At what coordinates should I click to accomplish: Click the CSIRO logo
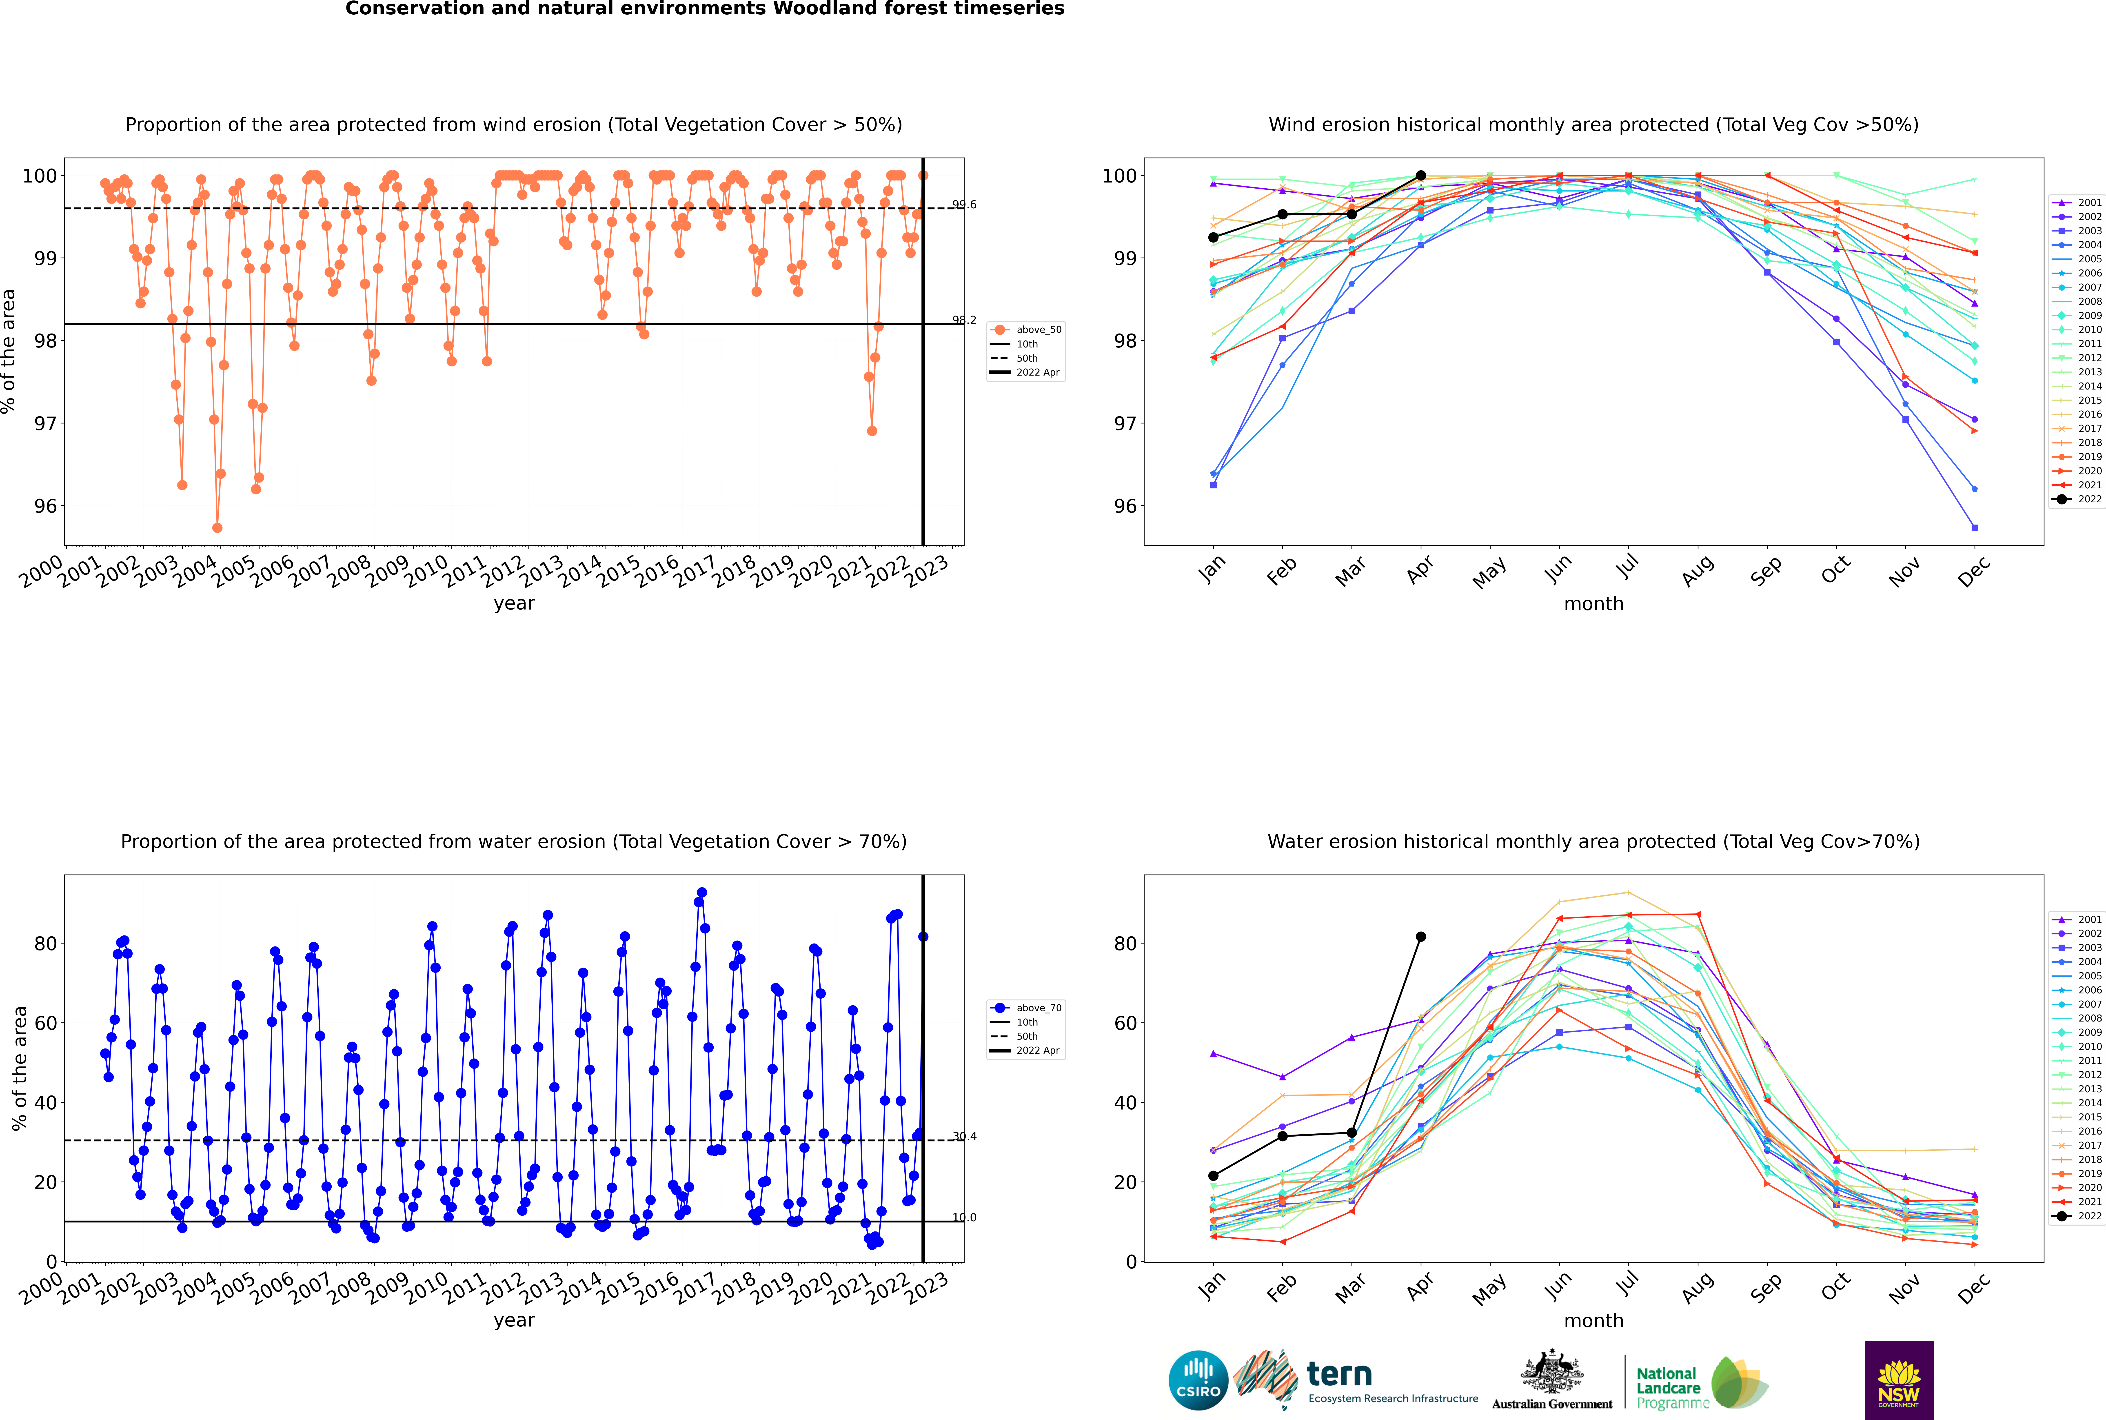click(x=1198, y=1381)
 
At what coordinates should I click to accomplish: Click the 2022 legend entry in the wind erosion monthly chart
click(x=2079, y=499)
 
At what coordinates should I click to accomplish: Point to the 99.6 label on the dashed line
click(x=964, y=205)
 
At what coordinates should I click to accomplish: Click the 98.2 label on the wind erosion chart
click(x=964, y=320)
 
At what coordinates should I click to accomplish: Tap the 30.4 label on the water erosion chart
click(x=964, y=1137)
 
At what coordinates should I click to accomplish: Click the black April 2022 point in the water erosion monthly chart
click(x=1421, y=936)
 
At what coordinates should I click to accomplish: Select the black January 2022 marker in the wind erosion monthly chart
click(x=1213, y=237)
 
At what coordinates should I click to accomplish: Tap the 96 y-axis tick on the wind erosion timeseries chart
click(x=45, y=506)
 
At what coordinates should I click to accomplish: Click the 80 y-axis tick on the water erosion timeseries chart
click(x=45, y=944)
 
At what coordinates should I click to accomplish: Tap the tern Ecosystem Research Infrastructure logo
click(x=1358, y=1381)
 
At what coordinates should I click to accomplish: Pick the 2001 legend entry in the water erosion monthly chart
click(x=2079, y=919)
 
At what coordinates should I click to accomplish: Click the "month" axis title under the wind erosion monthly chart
click(x=1593, y=604)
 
